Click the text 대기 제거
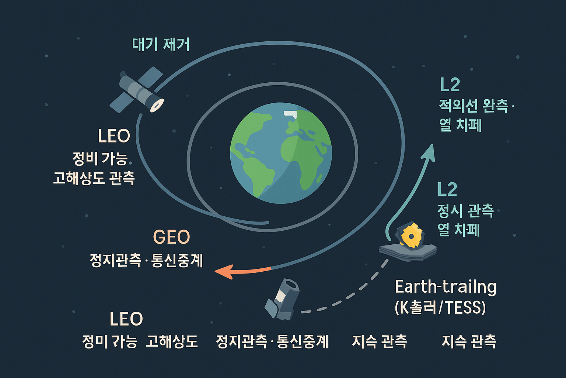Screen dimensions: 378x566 tap(161, 45)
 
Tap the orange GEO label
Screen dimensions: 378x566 tap(171, 237)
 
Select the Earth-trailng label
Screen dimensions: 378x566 tap(446, 287)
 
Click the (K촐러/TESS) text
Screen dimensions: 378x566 tap(440, 307)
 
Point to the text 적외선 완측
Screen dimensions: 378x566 tap(474, 106)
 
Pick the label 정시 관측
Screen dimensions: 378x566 tap(465, 210)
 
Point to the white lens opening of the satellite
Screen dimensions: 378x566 tap(157, 105)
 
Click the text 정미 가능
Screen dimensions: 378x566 tap(109, 342)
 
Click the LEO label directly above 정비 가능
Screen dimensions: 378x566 tap(114, 136)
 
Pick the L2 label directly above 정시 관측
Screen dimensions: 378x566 tap(447, 189)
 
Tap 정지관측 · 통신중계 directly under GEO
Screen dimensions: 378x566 tap(146, 261)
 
